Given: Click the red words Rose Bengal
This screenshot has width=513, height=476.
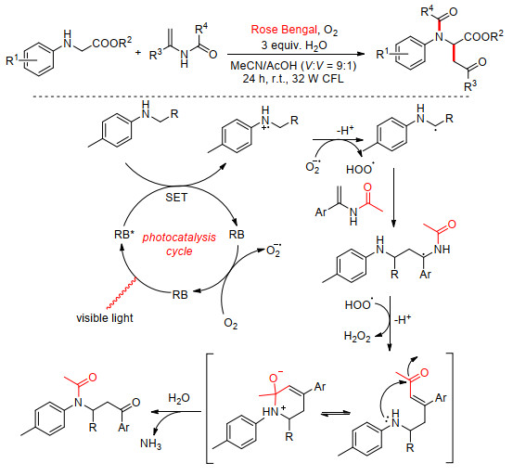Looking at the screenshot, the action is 284,30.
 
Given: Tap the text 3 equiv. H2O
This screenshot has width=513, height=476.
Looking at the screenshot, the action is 294,45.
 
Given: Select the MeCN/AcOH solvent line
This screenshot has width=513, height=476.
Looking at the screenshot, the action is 293,66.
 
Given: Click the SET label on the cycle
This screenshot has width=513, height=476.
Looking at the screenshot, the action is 176,198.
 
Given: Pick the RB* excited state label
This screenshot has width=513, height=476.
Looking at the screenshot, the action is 124,234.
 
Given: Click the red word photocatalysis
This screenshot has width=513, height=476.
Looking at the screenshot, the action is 179,238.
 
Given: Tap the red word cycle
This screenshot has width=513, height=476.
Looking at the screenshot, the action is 179,251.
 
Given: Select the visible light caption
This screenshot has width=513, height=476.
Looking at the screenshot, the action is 105,317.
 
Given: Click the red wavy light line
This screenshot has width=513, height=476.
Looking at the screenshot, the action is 121,293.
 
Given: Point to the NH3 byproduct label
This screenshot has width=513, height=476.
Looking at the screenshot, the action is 150,444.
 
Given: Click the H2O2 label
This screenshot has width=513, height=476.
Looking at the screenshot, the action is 357,336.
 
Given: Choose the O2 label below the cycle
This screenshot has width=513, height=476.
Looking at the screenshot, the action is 231,324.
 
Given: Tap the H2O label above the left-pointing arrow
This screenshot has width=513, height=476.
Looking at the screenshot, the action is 179,398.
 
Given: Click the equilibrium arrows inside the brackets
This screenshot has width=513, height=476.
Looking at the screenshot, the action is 336,414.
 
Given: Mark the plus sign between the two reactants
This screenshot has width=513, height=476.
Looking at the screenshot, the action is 138,52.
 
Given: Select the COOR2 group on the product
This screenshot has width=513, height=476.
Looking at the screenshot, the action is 483,36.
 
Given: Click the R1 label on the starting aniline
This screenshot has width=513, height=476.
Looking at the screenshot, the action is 12,60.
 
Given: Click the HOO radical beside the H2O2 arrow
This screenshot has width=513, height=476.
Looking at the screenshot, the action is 359,304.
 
